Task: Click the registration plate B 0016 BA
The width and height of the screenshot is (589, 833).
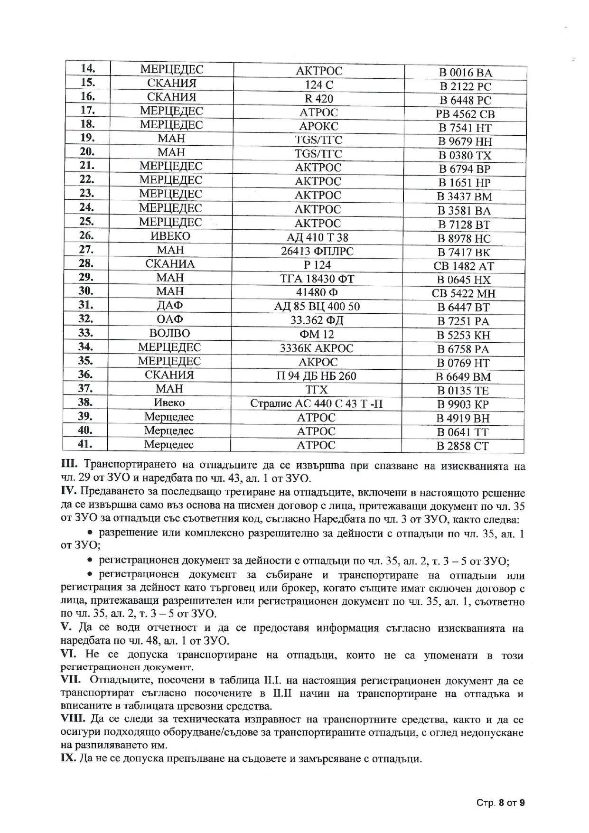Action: [465, 73]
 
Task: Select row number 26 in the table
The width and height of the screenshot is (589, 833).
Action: [86, 235]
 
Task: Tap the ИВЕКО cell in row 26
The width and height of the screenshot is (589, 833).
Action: [170, 236]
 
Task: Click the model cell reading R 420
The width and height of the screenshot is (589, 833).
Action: [318, 99]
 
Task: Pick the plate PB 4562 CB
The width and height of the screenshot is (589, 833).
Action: [465, 114]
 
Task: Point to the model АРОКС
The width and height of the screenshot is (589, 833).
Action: [318, 126]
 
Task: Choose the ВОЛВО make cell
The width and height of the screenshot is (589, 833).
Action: [169, 333]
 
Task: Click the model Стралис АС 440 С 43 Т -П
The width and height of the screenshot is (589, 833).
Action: [317, 404]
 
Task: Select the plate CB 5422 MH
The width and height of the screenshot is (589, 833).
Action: [463, 293]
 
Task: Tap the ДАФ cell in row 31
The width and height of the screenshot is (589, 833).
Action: [169, 305]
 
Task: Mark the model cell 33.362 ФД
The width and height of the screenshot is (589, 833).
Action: [317, 320]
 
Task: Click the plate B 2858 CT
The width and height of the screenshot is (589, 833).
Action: [462, 446]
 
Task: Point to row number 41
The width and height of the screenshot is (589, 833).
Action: [85, 444]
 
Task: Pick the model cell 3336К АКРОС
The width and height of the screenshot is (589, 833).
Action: [317, 348]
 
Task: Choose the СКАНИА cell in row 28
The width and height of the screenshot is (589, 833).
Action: [170, 264]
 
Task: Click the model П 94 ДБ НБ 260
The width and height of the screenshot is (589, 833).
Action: [317, 376]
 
